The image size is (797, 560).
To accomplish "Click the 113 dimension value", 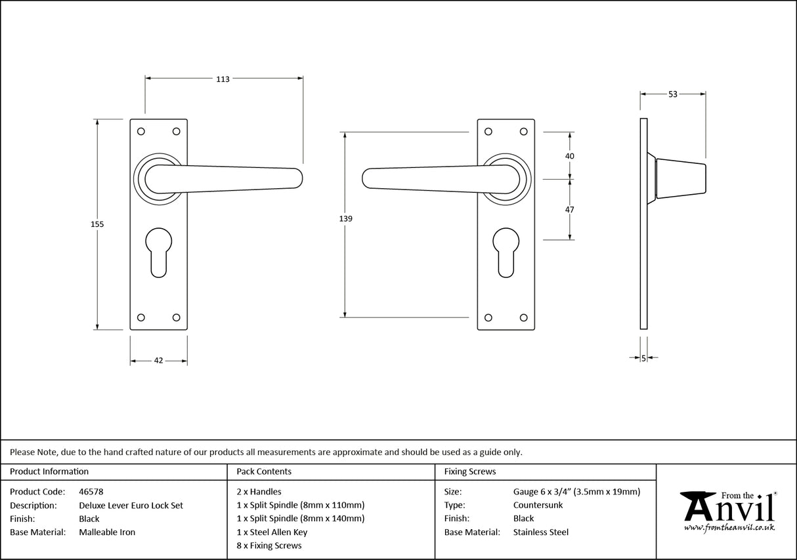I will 223,79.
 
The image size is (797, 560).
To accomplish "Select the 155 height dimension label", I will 97,224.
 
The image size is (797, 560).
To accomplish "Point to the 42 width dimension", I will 158,361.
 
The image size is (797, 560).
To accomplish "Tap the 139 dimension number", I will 346,219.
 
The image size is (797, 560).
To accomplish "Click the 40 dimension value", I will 569,156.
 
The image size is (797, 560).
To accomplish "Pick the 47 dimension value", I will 569,210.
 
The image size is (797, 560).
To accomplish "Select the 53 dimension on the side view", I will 672,94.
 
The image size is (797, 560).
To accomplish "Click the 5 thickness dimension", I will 643,358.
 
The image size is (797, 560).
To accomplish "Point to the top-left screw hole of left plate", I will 140,132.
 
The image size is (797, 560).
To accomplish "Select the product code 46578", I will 91,492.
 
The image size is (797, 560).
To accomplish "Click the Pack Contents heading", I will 264,471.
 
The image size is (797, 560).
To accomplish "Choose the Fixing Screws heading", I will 470,471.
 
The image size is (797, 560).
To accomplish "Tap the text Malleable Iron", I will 107,532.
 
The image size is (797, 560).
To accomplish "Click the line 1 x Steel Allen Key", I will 272,532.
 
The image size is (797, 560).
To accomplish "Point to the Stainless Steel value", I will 541,532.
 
